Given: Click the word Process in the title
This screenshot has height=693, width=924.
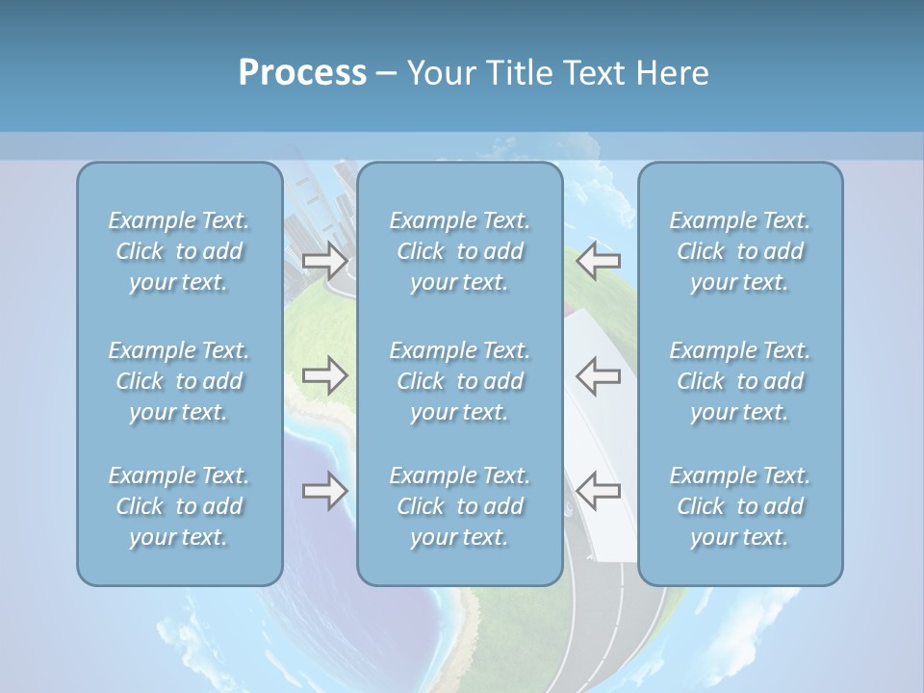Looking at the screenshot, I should [x=302, y=73].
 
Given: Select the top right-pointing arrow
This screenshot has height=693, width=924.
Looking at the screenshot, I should [x=325, y=260].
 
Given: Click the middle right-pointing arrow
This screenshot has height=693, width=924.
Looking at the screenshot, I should [x=325, y=375].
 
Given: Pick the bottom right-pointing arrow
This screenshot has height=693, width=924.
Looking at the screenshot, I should [x=325, y=491].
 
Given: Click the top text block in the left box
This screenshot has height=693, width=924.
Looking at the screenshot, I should [x=179, y=251].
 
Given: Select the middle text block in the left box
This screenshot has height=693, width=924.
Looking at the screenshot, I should [x=179, y=381].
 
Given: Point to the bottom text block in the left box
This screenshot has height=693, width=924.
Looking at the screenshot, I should [x=179, y=506].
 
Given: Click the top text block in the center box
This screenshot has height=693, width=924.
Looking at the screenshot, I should [x=460, y=251].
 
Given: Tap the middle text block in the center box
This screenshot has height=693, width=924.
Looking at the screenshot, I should [x=460, y=381].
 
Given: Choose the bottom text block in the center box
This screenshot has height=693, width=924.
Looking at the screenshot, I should [x=460, y=506].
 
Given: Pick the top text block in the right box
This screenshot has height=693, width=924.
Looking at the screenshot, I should [x=740, y=251].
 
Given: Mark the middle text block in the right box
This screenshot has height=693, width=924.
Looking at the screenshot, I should [x=740, y=381].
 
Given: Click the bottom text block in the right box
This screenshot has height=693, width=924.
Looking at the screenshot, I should [x=740, y=506].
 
